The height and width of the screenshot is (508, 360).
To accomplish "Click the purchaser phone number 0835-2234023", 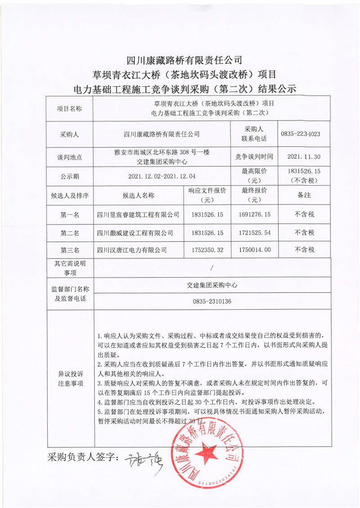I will pyautogui.click(x=300, y=134).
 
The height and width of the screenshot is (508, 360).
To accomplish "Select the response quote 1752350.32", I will pyautogui.click(x=207, y=250).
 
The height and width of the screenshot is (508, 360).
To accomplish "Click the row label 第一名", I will pyautogui.click(x=70, y=215).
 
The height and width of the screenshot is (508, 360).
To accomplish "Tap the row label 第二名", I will pyautogui.click(x=70, y=232).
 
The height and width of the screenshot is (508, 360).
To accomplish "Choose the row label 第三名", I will pyautogui.click(x=70, y=250).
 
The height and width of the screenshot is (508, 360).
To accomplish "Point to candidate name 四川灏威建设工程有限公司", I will pyautogui.click(x=135, y=232).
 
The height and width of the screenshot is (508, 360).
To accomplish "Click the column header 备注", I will pyautogui.click(x=304, y=196).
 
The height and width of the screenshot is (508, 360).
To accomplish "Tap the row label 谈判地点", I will pyautogui.click(x=70, y=157).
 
